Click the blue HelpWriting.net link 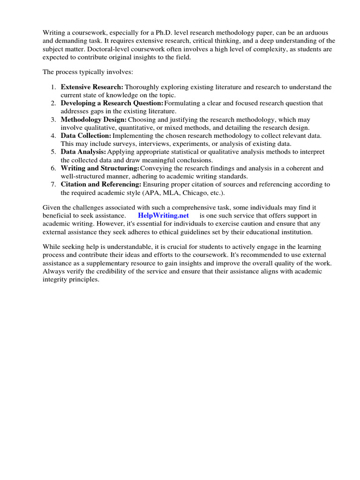click(163, 215)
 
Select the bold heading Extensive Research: click(92, 87)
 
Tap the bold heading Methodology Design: click(94, 120)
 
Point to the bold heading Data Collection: click(86, 135)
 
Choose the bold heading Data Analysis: click(83, 152)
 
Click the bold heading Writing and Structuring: click(100, 168)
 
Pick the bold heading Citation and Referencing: click(101, 184)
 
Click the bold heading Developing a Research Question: click(112, 103)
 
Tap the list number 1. click(54, 87)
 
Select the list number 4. click(54, 135)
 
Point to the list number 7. click(54, 184)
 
